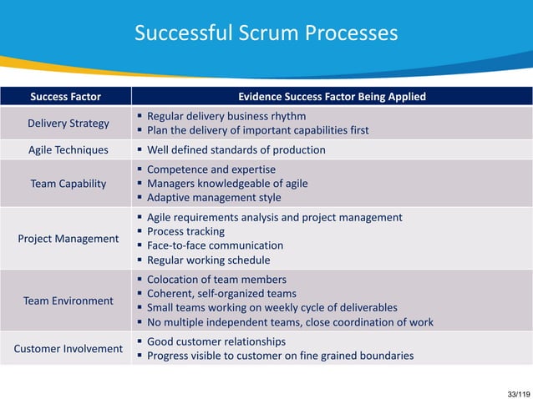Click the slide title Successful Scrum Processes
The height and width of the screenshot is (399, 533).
[266, 33]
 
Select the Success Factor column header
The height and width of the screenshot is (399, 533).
[65, 97]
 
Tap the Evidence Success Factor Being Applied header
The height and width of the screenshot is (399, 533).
[332, 97]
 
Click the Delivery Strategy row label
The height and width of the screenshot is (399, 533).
[69, 124]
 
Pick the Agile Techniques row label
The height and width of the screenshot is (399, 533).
[69, 150]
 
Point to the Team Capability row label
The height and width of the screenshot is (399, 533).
[69, 184]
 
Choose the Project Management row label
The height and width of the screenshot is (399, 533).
[69, 239]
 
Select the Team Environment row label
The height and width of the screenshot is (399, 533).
[69, 301]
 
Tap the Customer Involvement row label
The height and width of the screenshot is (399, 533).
[69, 348]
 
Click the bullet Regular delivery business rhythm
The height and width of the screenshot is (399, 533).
[226, 116]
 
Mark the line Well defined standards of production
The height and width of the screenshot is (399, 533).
[236, 150]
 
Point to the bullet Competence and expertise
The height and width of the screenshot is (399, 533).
[211, 169]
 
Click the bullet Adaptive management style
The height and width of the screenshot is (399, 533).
[214, 198]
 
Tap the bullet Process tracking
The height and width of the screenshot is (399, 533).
[185, 231]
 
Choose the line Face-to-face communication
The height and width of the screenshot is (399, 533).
[215, 245]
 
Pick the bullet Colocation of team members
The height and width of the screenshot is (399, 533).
[216, 280]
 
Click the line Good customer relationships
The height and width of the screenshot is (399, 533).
[216, 341]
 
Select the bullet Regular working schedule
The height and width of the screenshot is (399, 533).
[209, 260]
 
